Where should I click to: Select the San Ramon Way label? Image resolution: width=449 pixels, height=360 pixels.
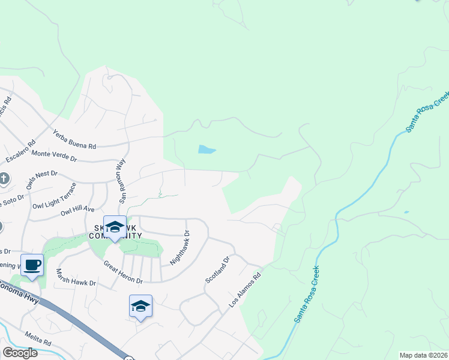[x=121, y=179]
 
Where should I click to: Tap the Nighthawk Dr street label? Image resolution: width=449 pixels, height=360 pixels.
[x=179, y=248]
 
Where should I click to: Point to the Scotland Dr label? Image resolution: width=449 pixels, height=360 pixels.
[x=218, y=271]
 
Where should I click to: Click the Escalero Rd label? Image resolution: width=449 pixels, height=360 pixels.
[x=21, y=152]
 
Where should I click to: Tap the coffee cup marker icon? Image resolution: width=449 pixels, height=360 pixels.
[x=32, y=265]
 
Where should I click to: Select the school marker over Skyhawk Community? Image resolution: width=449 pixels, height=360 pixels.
[x=115, y=227]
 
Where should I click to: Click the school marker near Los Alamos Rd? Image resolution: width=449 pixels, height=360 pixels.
[x=140, y=306]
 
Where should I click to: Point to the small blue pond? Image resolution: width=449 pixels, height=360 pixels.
[x=206, y=149]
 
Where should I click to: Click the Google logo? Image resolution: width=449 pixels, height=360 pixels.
[x=20, y=353]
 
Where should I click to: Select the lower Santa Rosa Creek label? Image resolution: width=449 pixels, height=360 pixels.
[x=306, y=295]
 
